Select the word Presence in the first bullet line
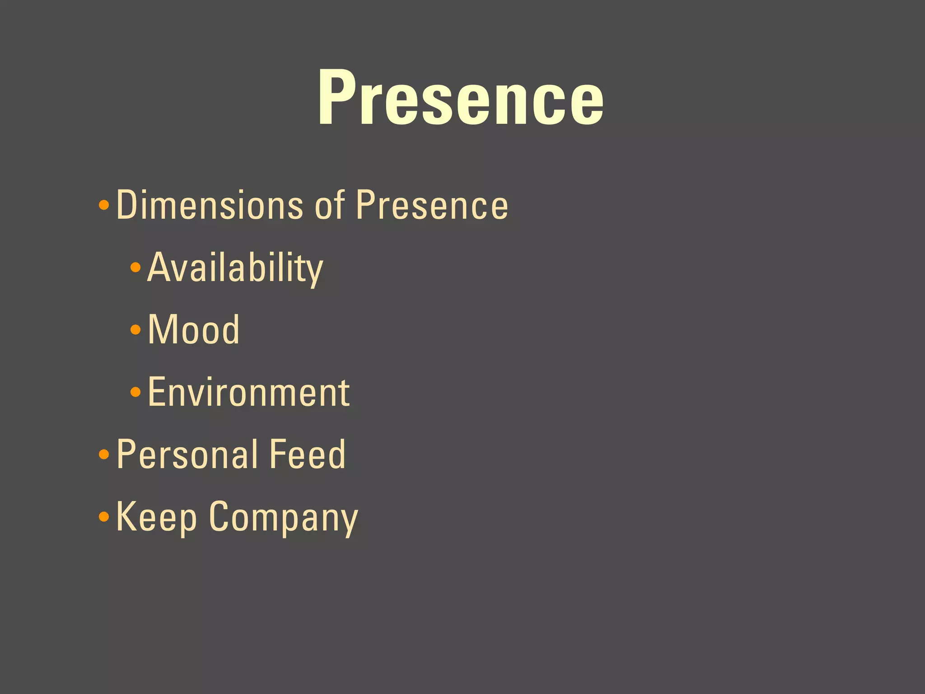point(432,205)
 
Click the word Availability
point(235,268)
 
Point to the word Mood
point(194,330)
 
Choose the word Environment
point(248,392)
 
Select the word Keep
point(156,517)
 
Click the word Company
point(283,517)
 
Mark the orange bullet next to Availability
point(135,267)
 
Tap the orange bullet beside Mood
point(135,330)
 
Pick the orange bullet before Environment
point(135,392)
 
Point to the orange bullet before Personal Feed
point(104,454)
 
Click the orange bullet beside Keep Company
point(104,516)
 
